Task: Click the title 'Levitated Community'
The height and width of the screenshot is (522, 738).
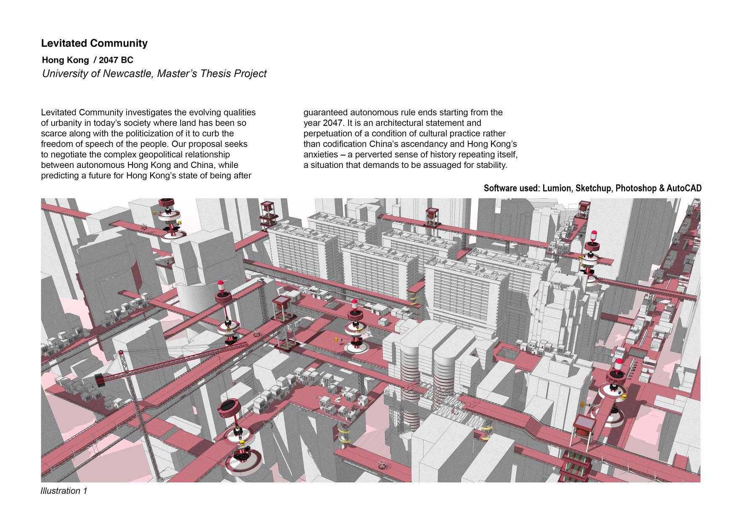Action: [x=94, y=43]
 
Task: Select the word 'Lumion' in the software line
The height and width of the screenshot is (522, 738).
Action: [x=557, y=188]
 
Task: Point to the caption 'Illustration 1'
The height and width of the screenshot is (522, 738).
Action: [x=64, y=491]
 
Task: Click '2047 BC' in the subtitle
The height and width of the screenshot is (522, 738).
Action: [x=116, y=60]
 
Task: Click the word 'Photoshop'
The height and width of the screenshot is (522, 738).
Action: [x=634, y=188]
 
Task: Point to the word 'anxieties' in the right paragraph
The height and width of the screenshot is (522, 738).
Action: [x=321, y=154]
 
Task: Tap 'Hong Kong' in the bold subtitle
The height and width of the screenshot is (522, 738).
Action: [x=65, y=60]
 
